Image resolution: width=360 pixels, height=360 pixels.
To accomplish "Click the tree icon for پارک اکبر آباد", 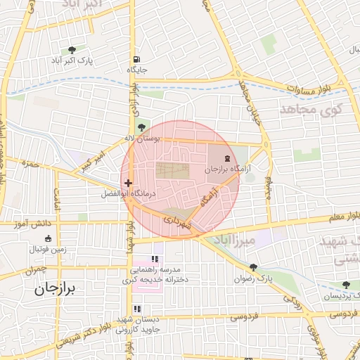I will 72,50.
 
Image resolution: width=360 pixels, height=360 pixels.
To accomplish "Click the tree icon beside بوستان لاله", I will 143,127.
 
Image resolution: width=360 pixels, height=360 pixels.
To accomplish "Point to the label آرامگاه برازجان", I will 228,169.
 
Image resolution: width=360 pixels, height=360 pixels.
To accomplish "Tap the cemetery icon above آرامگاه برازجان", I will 227,157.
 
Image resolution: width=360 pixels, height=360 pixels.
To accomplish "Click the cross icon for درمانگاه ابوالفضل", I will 128,183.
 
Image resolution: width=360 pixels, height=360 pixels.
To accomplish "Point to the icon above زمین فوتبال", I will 47,238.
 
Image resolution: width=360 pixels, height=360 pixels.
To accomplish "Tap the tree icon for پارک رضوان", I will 254,268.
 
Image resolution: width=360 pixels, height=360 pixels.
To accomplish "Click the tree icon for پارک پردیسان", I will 346,285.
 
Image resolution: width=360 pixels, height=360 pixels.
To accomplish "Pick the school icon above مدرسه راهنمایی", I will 155,259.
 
